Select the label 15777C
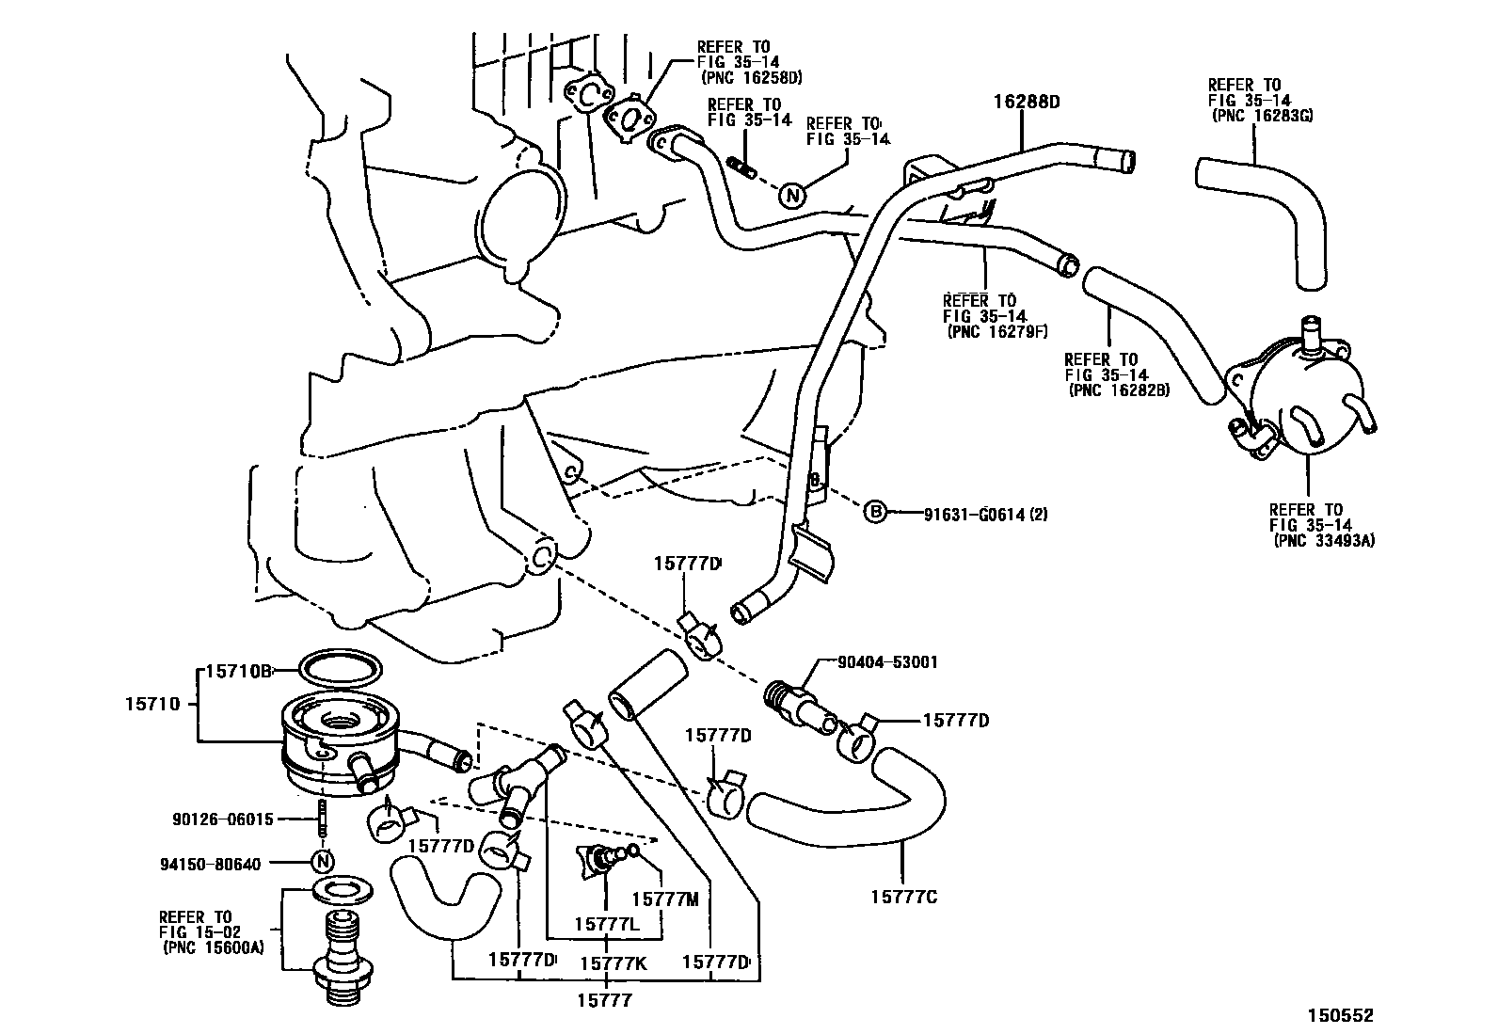click(903, 897)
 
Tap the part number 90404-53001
click(890, 662)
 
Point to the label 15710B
click(239, 671)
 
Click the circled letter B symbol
click(875, 513)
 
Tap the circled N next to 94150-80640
click(323, 862)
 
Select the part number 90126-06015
click(223, 819)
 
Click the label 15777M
click(664, 899)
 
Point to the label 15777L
click(607, 926)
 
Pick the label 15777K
click(614, 962)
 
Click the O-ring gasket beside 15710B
click(341, 669)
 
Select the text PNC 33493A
click(1324, 541)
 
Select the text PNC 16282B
click(1119, 390)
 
